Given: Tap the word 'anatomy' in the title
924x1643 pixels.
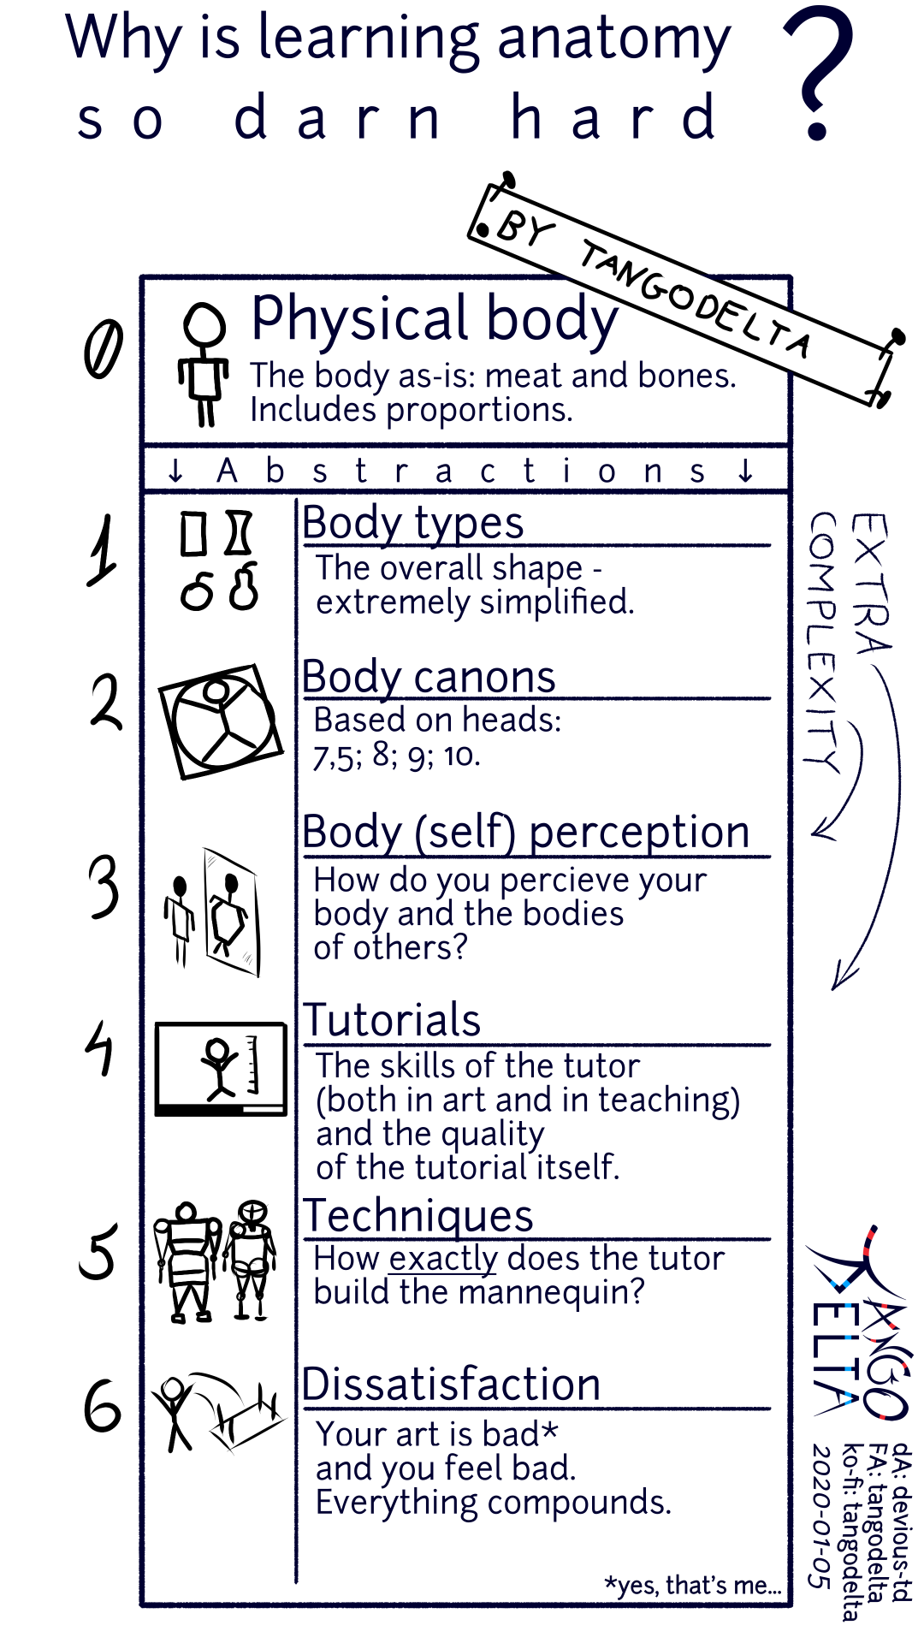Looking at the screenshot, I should click(613, 40).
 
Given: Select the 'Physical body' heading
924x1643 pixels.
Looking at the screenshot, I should click(434, 318).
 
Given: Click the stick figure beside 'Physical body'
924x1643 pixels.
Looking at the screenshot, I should click(204, 364).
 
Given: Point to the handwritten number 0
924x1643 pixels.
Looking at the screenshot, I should click(104, 349).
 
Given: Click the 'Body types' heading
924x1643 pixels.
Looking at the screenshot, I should click(412, 523).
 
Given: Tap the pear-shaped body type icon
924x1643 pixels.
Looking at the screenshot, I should click(245, 587).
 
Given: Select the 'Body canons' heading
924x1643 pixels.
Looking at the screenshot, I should click(429, 677).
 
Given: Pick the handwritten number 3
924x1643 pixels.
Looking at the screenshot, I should click(104, 887).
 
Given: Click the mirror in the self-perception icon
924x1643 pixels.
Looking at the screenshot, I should click(231, 912).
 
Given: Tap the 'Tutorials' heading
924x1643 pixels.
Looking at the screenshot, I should click(392, 1020).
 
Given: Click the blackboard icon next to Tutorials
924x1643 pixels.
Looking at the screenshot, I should click(221, 1069).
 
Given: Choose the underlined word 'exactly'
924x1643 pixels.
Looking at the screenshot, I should click(442, 1259).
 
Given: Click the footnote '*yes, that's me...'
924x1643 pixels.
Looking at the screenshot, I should click(692, 1585).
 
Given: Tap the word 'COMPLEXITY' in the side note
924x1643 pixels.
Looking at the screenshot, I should click(823, 642).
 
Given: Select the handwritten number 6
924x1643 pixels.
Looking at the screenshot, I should click(103, 1407).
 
